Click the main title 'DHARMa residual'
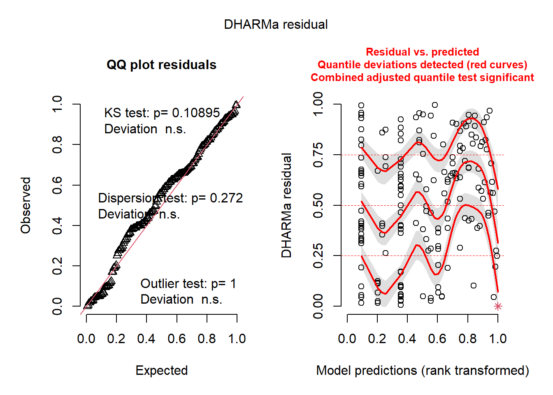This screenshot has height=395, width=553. coord(276,25)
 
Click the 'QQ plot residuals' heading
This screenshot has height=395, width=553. coord(161,65)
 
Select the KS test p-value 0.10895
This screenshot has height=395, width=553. coord(196,113)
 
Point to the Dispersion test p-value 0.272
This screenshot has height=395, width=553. coord(226,198)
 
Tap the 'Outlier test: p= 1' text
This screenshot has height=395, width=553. coord(188,284)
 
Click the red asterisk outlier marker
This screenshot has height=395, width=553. coord(498,306)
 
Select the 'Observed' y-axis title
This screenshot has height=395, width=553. coord(26,205)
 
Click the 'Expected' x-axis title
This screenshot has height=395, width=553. coord(162,371)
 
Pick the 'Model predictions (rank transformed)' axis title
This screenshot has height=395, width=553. coord(423,371)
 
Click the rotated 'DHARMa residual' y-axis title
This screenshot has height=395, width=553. coord(286,205)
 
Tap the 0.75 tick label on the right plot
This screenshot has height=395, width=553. coord(318,155)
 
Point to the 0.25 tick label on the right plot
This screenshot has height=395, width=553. coord(318,256)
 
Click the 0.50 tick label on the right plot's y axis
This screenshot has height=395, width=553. coord(318,205)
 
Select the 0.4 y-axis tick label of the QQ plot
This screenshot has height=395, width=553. coord(57,225)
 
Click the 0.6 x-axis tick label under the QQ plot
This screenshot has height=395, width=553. coord(177,339)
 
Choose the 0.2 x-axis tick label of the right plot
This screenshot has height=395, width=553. coord(377,339)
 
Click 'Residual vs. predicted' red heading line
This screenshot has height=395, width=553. coord(422,52)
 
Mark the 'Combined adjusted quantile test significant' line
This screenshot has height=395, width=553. coord(422,78)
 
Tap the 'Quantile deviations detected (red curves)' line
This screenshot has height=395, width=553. coord(422,65)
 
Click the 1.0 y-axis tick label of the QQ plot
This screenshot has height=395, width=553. coord(57,104)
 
